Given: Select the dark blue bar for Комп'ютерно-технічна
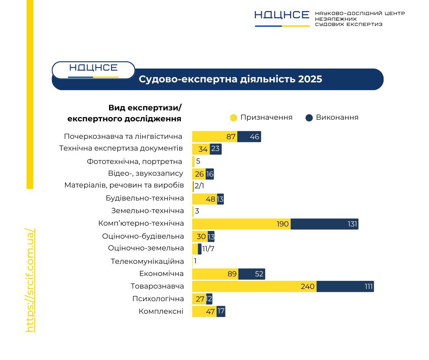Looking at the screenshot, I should [324, 224].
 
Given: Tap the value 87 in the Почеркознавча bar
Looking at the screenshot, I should [231, 137].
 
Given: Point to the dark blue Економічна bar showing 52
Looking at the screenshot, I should [252, 274].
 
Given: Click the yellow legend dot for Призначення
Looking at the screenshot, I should [234, 118].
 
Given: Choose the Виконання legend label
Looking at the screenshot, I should [337, 118].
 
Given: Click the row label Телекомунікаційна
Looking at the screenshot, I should [147, 261].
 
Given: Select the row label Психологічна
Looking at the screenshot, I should [158, 299].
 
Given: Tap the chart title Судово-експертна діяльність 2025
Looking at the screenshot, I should [230, 79].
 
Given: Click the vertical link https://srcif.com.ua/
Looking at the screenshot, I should [30, 280].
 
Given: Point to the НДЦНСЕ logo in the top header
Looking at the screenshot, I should [282, 15].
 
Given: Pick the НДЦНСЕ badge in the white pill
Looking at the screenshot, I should [93, 68].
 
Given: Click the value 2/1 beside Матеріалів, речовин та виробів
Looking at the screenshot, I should [199, 186].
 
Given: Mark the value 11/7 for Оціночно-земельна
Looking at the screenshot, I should [208, 249].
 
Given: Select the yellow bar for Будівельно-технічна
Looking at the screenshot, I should [204, 199].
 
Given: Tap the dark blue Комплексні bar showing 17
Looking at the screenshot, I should [221, 312].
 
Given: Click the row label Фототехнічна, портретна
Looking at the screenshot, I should [135, 162].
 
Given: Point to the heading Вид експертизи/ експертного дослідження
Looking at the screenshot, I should [124, 113].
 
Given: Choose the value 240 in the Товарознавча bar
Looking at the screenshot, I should [308, 287].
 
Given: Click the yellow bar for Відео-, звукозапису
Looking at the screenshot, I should [198, 174].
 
